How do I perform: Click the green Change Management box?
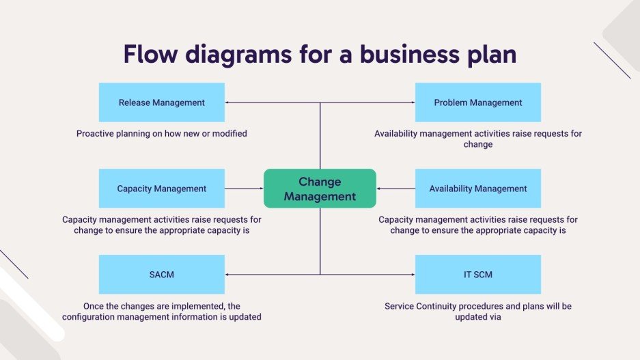320,189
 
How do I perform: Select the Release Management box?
161,102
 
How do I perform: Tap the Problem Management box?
477,102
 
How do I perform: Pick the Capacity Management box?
161,189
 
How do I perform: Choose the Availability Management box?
477,189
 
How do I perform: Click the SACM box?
161,275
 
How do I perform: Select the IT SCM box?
477,275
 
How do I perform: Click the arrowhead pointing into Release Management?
227,102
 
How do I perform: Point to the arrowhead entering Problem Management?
413,102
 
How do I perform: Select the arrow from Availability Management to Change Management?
395,189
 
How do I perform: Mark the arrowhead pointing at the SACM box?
227,275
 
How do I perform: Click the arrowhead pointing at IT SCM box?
413,275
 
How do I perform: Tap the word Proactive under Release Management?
96,134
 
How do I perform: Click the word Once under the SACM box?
95,306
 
